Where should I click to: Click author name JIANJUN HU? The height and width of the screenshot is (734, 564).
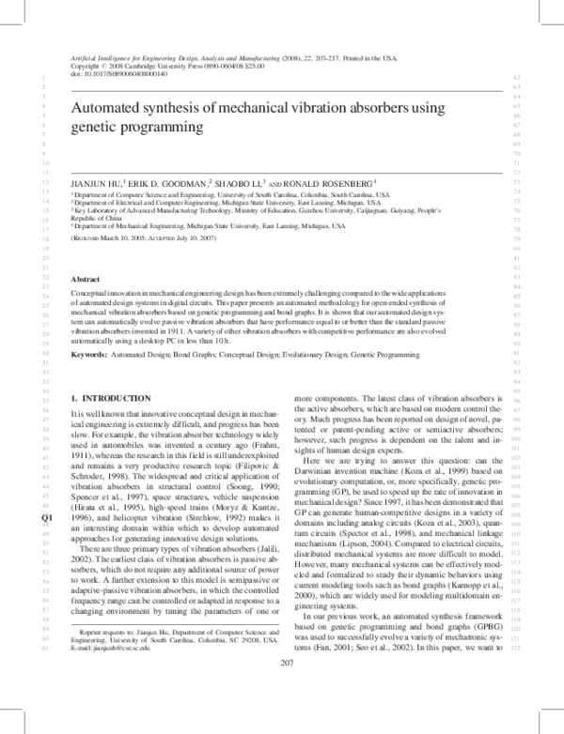click(97, 181)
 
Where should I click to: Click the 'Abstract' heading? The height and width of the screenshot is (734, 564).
click(86, 280)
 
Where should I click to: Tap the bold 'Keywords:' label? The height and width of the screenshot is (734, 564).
click(89, 355)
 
